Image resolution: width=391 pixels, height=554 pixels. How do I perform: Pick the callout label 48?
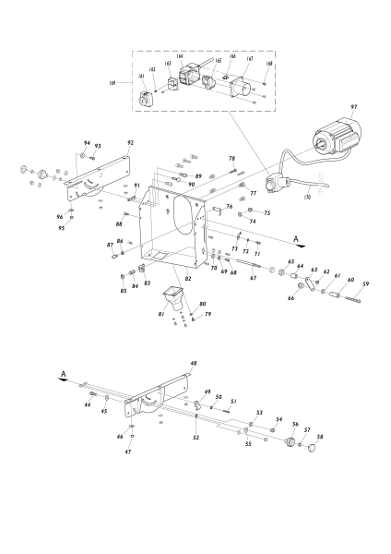[194, 364]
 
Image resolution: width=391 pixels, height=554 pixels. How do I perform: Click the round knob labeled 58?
[310, 450]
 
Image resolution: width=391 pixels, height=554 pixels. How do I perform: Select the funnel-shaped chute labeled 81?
[172, 301]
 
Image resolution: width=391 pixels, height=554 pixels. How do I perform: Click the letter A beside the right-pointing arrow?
[297, 238]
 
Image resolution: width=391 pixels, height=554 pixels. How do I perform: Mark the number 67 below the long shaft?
[254, 277]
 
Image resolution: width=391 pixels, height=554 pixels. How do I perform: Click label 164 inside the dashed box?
[179, 56]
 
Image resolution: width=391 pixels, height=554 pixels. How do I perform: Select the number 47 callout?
[129, 452]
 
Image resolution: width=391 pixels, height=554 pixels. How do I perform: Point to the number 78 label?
[232, 159]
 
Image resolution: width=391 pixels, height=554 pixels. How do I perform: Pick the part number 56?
[295, 425]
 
